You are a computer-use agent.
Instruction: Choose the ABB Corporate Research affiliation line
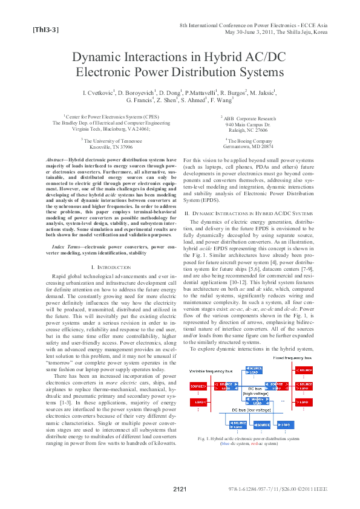coord(249,118)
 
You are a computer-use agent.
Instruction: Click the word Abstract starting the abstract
coord(57,160)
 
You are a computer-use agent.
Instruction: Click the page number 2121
coord(180,489)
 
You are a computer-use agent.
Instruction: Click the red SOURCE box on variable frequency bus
coord(197,386)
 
